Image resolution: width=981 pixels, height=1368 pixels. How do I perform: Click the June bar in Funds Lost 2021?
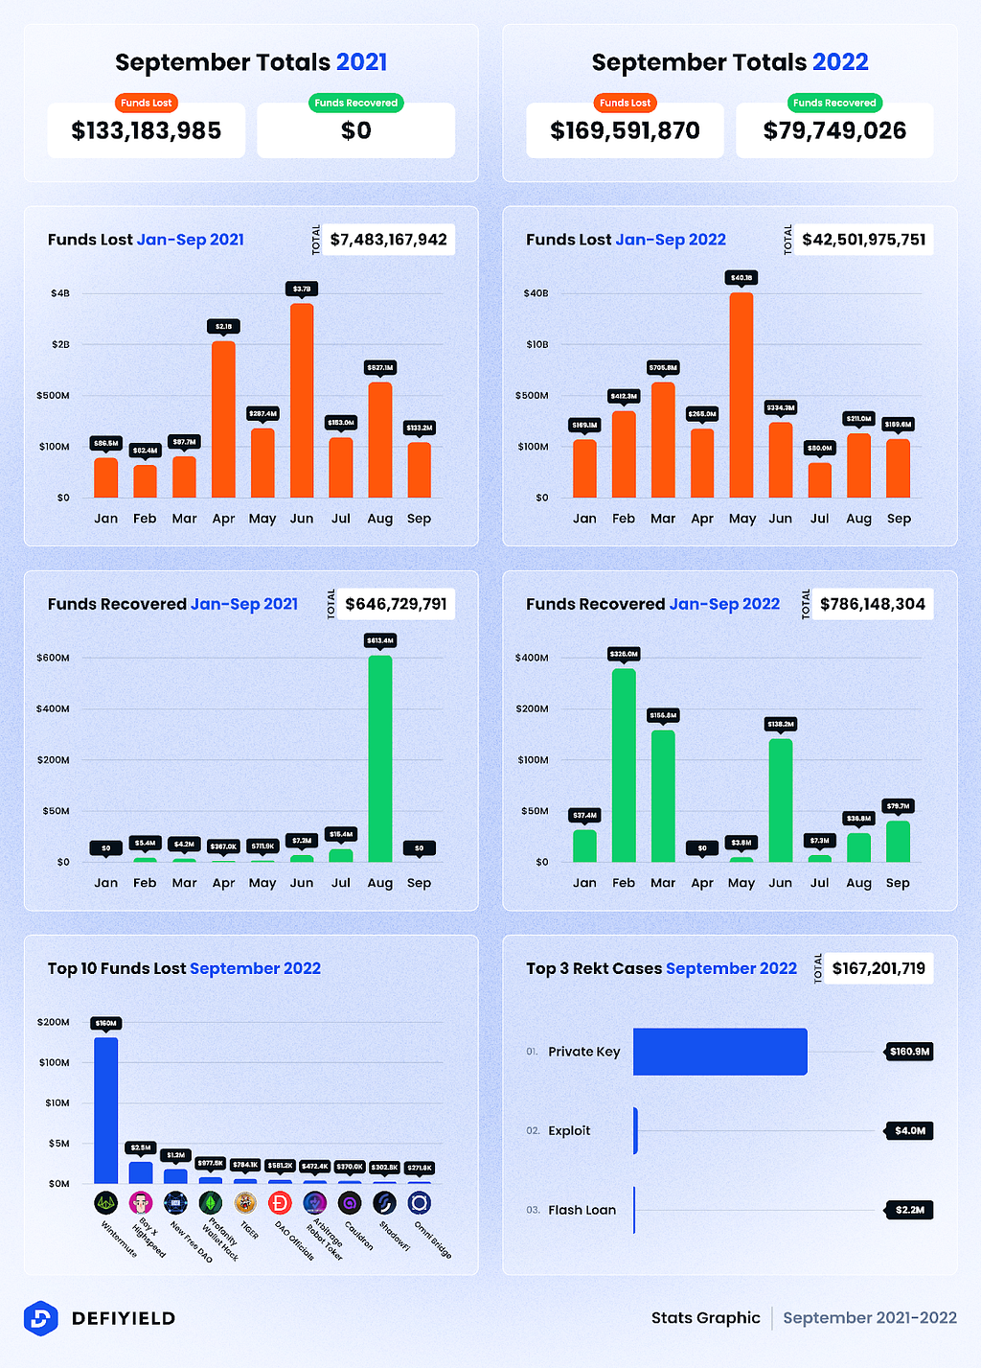[302, 401]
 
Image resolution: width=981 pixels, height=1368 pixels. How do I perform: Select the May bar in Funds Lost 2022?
[741, 395]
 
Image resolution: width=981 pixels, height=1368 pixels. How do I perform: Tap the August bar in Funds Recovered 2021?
[380, 758]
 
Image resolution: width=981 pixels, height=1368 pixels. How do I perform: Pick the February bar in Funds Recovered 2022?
[624, 765]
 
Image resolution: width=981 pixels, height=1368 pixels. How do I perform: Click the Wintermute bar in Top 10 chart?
[106, 1110]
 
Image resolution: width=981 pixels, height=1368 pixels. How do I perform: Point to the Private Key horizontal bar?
[719, 1052]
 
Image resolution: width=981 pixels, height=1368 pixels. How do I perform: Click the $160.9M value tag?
[909, 1052]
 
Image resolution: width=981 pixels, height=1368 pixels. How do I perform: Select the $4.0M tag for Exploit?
[909, 1131]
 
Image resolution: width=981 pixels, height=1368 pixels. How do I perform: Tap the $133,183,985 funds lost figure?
[147, 130]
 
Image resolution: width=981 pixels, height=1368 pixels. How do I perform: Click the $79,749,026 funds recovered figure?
[834, 130]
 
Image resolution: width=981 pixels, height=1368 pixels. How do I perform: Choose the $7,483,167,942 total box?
[388, 240]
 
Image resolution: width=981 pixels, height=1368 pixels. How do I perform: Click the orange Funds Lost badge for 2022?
[625, 103]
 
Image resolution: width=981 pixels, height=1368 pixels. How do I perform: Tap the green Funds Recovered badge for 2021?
[356, 103]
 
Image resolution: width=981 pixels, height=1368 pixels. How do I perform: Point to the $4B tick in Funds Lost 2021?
[60, 293]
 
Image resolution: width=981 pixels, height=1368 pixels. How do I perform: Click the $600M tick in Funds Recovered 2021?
[54, 658]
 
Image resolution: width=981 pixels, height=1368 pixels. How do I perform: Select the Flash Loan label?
[582, 1210]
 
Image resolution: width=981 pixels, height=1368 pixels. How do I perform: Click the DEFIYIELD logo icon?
[40, 1318]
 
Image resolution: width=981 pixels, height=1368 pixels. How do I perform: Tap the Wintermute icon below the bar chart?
[105, 1202]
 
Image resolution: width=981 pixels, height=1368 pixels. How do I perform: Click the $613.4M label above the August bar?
[380, 640]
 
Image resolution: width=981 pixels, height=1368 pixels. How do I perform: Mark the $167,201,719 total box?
[878, 968]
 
